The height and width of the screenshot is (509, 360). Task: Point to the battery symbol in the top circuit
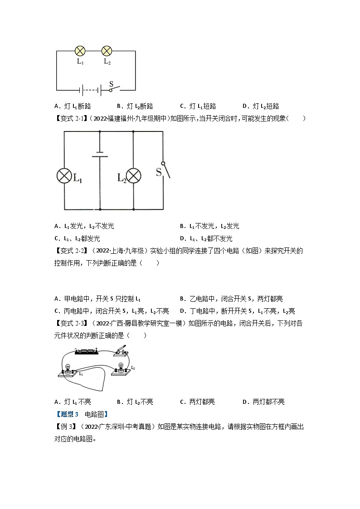pyautogui.click(x=91, y=90)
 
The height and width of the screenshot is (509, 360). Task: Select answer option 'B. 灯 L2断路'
pyautogui.click(x=135, y=106)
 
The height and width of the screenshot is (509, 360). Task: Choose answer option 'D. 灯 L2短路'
pyautogui.click(x=261, y=106)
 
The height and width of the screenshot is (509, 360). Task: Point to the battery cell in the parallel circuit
pyautogui.click(x=99, y=154)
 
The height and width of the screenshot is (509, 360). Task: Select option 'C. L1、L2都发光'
pyautogui.click(x=77, y=238)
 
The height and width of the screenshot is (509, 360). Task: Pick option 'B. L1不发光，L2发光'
pyautogui.click(x=209, y=226)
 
